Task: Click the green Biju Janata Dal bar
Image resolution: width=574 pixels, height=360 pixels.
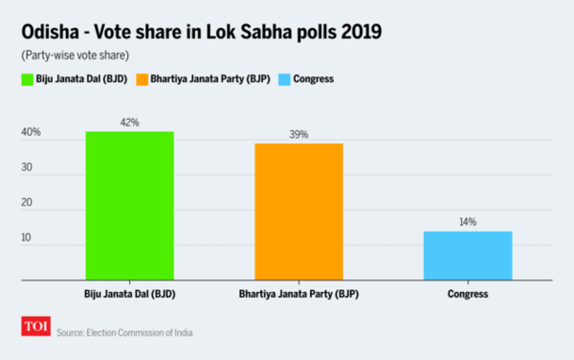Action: click(129, 205)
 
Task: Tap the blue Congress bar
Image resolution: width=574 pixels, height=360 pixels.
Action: click(468, 255)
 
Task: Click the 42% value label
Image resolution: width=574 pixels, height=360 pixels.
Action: click(129, 123)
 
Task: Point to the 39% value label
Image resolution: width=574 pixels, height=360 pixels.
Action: click(298, 135)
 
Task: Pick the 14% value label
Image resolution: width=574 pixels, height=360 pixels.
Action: click(468, 222)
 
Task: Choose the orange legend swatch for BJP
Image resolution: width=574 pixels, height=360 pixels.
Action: click(143, 79)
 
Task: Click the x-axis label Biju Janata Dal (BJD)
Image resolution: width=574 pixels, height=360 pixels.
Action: click(129, 293)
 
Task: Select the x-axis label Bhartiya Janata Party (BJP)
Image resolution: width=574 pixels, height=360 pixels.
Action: click(298, 293)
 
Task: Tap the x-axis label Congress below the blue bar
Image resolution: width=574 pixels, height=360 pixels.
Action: click(468, 293)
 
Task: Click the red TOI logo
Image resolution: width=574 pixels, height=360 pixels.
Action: click(36, 328)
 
